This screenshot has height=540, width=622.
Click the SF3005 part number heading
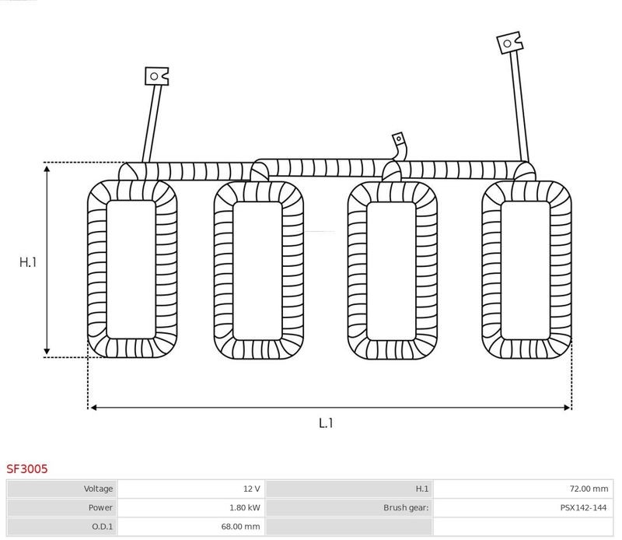[27, 469]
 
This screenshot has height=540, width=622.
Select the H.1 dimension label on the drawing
[28, 262]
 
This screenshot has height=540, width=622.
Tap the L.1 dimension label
[326, 423]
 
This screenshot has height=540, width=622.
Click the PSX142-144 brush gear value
[583, 507]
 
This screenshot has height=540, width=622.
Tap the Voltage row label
[98, 489]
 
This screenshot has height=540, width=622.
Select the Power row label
[100, 507]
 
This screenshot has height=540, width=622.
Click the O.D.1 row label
[103, 527]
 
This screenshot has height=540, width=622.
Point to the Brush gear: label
[406, 507]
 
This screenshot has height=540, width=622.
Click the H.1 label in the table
[421, 489]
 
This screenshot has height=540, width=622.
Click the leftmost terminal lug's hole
[154, 76]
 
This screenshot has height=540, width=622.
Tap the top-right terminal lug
[510, 43]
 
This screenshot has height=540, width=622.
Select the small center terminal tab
[398, 139]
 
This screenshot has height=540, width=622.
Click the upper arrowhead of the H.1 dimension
[47, 170]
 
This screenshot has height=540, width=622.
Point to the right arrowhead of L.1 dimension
[567, 408]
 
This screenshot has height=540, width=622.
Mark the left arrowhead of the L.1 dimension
[94, 408]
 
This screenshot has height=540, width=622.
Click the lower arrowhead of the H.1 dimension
[47, 351]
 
